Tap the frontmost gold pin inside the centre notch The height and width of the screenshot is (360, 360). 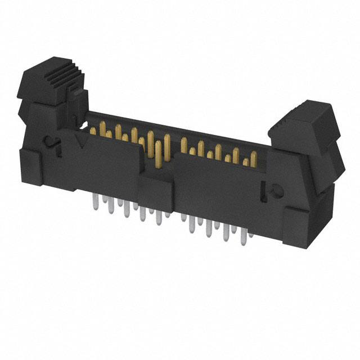(158, 156)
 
